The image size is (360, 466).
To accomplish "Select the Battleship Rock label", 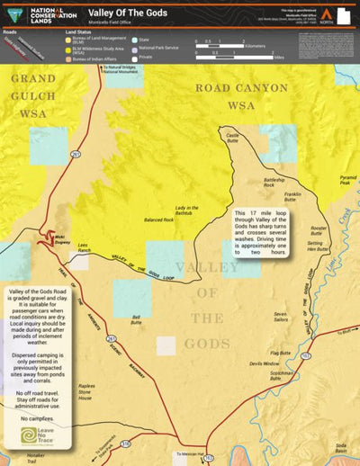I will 274,182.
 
